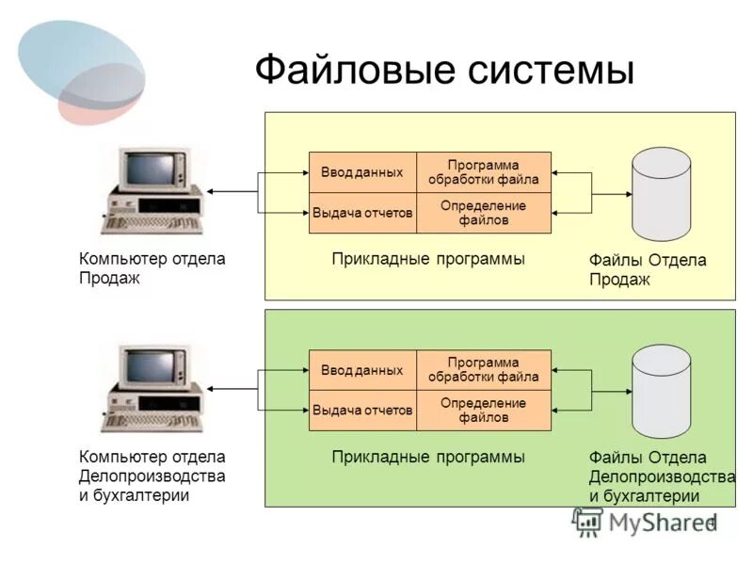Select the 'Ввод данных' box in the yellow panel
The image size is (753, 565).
pos(362,172)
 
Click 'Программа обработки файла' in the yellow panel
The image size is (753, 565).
pos(483,172)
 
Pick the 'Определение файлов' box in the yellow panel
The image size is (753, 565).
pos(483,214)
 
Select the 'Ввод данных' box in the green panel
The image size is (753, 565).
pos(362,370)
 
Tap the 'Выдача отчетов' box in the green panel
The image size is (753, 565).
pos(362,411)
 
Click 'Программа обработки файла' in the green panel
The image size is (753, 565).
pos(483,370)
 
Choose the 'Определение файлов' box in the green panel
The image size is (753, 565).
pos(483,411)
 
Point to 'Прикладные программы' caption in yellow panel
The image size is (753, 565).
pos(428,259)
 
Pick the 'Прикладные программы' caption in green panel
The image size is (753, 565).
pos(428,457)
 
